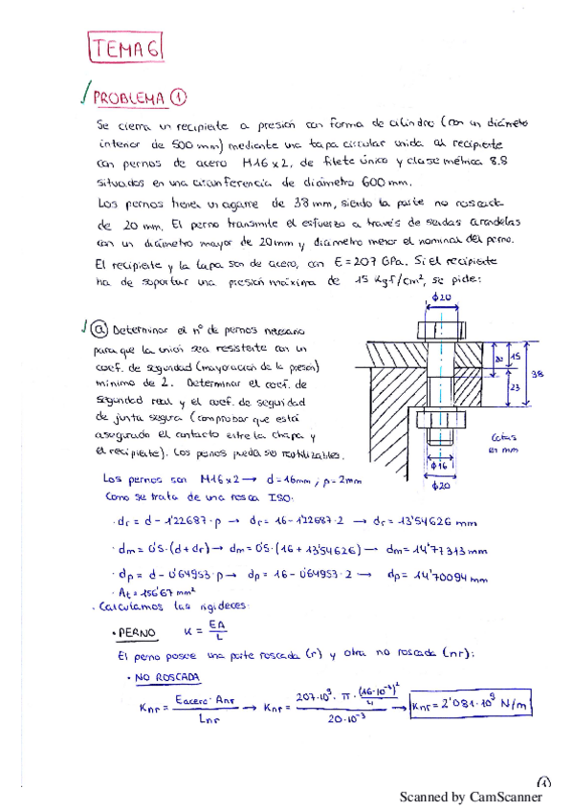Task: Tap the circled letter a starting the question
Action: (99, 330)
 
